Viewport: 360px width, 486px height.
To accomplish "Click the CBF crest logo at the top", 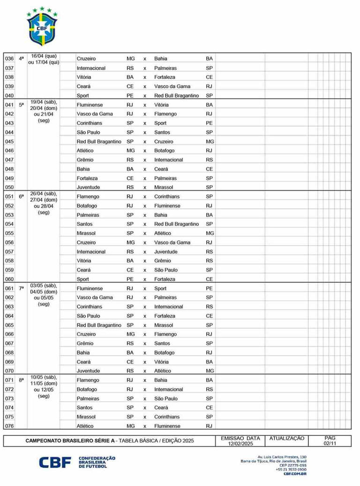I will [42, 27].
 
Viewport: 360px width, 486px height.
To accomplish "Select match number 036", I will [9, 59].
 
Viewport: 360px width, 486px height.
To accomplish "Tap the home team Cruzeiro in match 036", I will [86, 59].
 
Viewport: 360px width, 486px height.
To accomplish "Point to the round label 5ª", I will [21, 105].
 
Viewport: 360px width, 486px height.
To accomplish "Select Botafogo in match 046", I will [165, 151].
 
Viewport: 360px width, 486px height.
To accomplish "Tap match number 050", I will [9, 188].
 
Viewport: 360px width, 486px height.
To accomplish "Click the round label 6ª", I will [21, 197].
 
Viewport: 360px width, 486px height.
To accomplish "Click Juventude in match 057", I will [166, 252].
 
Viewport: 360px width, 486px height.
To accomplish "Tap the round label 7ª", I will [21, 289].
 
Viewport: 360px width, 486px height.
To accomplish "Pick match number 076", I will [9, 426].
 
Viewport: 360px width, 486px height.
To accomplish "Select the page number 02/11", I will [330, 444].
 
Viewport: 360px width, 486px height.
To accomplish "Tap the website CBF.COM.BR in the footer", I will [295, 474].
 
